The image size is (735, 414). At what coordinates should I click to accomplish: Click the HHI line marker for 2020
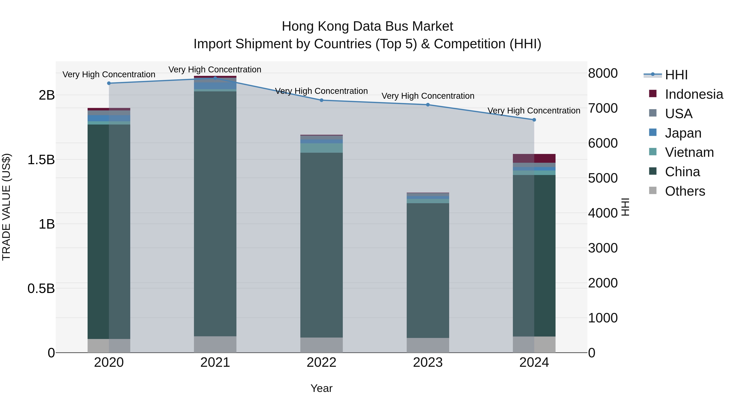pyautogui.click(x=109, y=83)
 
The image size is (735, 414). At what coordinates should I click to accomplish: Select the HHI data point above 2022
pyautogui.click(x=321, y=100)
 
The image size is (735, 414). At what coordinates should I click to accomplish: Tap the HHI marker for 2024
pyautogui.click(x=534, y=120)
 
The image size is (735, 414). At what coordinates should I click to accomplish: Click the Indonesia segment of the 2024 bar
pyautogui.click(x=534, y=158)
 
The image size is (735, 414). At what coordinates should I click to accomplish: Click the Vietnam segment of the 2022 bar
pyautogui.click(x=321, y=148)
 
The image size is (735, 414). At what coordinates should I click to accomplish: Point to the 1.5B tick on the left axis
pyautogui.click(x=41, y=160)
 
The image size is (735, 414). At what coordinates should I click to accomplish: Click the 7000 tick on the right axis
pyautogui.click(x=603, y=108)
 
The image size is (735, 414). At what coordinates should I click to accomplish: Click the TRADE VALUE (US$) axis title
pyautogui.click(x=6, y=207)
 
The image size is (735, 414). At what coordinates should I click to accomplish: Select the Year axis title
pyautogui.click(x=321, y=388)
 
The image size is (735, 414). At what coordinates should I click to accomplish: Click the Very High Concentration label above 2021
pyautogui.click(x=215, y=70)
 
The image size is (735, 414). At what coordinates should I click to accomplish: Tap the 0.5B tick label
pyautogui.click(x=41, y=288)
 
